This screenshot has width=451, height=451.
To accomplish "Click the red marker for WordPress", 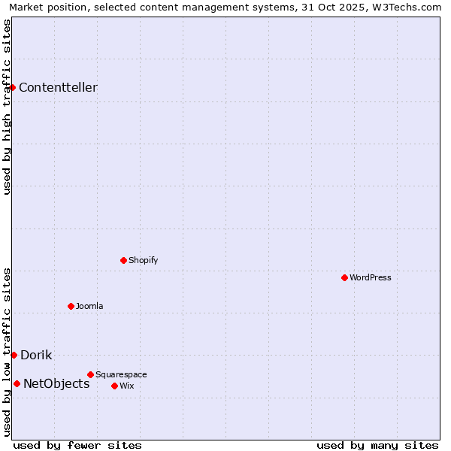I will pos(344,277).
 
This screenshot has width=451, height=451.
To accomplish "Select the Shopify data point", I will pos(123,260).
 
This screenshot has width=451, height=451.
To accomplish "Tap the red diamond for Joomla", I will pos(71,306).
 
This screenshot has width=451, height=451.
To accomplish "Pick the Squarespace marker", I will pos(90,374).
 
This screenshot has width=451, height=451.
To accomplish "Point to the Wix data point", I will pos(114,386).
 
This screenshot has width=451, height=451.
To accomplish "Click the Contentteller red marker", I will pos(13,87).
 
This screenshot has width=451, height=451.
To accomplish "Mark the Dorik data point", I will pos(14,355).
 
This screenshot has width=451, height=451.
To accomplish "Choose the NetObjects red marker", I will pos(17,383).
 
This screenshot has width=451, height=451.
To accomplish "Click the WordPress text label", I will pos(371,277).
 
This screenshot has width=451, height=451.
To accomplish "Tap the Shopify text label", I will pos(143,260).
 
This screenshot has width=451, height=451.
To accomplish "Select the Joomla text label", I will pos(89,306).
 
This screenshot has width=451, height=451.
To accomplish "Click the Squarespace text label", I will pos(121,374).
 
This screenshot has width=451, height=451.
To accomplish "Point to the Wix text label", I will pos(126,386).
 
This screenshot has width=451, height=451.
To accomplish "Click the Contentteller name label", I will pos(58,87).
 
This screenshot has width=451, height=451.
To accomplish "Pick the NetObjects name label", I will pos(56,383).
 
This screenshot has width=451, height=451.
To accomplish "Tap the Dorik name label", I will pos(36,355).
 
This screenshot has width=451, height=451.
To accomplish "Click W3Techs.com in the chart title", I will pos(410,7).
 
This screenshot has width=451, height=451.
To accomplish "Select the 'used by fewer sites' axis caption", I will pos(77,445).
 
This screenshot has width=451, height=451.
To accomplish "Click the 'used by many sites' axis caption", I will pos(377,445).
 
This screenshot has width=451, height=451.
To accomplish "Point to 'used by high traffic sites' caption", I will pos(7,107).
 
